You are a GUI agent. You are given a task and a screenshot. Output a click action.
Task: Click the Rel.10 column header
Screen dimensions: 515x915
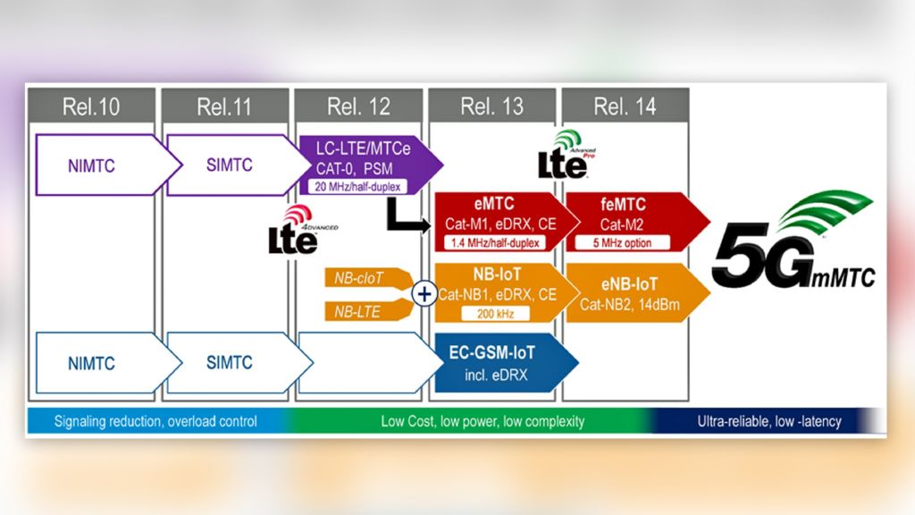coord(90,107)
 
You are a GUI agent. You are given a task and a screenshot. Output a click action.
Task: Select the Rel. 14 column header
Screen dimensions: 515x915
coord(625,107)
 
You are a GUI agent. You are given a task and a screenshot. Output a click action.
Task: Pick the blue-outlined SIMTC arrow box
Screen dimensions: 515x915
coord(230,363)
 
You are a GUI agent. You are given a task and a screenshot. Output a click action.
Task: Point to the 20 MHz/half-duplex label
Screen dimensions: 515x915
coord(357,186)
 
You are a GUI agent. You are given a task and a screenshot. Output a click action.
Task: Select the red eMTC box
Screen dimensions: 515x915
coord(497,219)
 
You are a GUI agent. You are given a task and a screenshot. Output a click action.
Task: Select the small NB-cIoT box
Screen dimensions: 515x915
coord(362,278)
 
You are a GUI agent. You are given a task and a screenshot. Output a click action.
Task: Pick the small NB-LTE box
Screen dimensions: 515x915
coord(362,310)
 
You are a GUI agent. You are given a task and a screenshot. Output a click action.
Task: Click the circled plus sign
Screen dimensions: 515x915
coord(424,293)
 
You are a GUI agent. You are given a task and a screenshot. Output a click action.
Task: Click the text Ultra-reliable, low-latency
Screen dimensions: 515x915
coord(768,421)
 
